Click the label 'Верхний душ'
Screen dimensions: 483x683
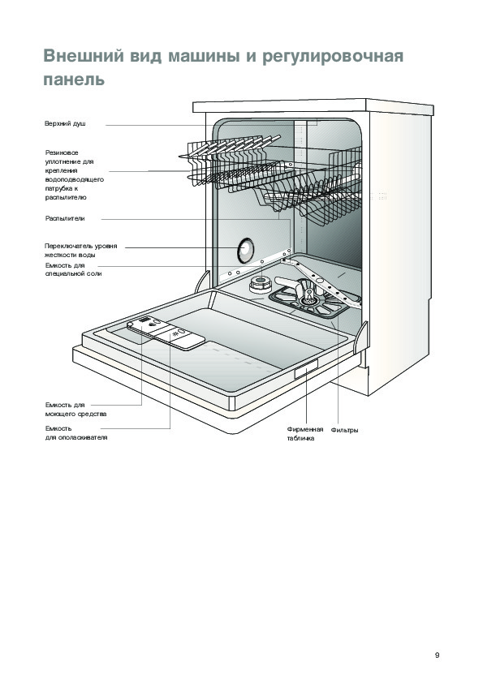(65, 124)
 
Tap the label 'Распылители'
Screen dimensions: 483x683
(65, 219)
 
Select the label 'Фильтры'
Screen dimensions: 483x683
(344, 431)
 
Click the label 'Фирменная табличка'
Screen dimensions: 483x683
(305, 434)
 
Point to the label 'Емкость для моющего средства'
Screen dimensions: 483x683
(75, 410)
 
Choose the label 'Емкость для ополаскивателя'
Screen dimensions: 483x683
(76, 433)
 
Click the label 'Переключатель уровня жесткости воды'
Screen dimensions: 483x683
(81, 251)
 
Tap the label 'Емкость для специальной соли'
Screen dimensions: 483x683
(73, 269)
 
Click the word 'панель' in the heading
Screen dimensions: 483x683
(74, 79)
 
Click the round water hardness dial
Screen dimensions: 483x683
(245, 251)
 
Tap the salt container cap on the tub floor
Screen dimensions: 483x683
(261, 285)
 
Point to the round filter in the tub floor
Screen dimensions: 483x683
(308, 298)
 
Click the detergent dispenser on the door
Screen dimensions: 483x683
(166, 333)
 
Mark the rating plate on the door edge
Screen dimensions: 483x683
(306, 370)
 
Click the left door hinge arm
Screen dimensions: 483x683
(202, 281)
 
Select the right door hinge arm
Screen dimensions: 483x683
(361, 337)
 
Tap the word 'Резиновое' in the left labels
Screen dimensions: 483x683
(62, 152)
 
